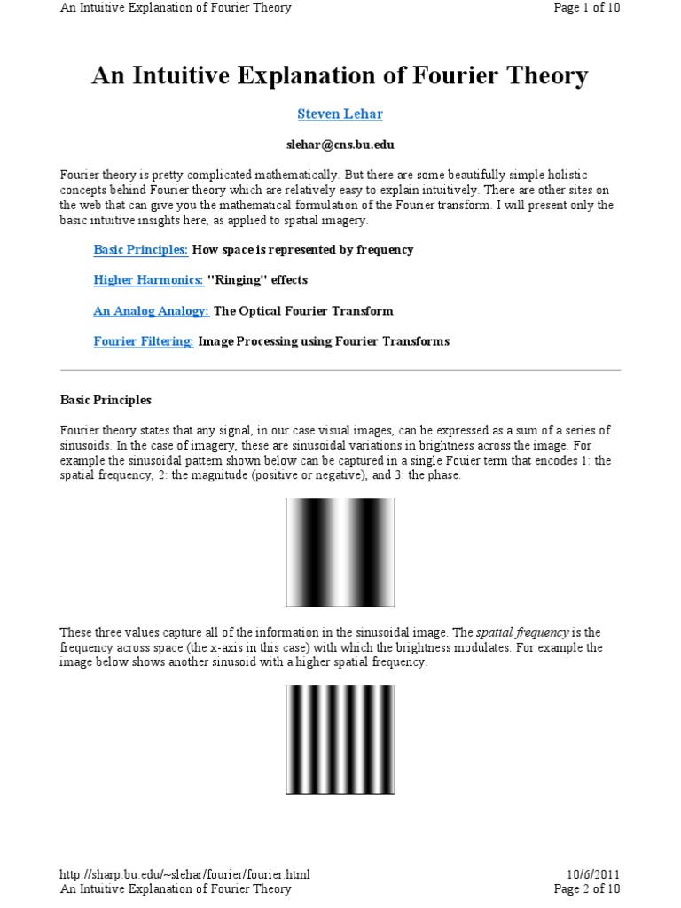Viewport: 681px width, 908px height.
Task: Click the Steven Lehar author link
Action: (x=340, y=113)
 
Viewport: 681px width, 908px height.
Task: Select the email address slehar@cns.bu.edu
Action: (x=340, y=143)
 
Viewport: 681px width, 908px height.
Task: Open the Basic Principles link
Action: (x=140, y=250)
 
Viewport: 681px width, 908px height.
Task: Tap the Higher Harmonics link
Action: (x=149, y=280)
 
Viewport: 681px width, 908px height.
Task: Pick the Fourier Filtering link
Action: (x=144, y=341)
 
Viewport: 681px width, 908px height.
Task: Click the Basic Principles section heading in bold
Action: (x=106, y=400)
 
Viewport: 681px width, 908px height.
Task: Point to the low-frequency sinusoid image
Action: (x=340, y=552)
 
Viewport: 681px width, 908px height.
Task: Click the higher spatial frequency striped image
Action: (x=340, y=740)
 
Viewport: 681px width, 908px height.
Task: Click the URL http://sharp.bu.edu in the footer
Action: (x=184, y=874)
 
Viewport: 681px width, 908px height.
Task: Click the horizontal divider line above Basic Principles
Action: (x=340, y=370)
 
